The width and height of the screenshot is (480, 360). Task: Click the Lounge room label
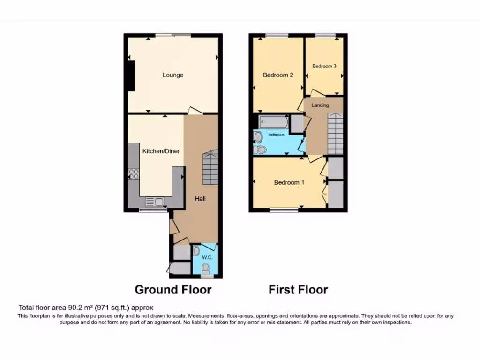[x=173, y=75]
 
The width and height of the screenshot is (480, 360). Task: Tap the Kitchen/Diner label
[x=161, y=151]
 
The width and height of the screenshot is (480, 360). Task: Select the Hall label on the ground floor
[x=201, y=198]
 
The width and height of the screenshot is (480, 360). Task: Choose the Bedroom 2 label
[x=278, y=75]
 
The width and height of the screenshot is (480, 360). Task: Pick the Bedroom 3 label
[x=324, y=67]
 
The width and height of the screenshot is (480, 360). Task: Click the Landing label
[x=320, y=105]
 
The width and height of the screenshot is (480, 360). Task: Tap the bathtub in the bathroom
[x=273, y=122]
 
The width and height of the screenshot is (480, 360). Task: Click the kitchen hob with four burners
[x=134, y=174]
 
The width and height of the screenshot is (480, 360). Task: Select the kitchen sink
[x=155, y=202]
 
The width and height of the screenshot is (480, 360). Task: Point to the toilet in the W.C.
[x=205, y=268]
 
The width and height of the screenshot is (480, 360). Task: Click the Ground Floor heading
[x=173, y=290]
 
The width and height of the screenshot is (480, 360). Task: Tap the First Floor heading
[x=298, y=290]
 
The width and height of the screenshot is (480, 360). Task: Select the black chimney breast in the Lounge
[x=131, y=76]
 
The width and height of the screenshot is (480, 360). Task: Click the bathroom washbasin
[x=258, y=137]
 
